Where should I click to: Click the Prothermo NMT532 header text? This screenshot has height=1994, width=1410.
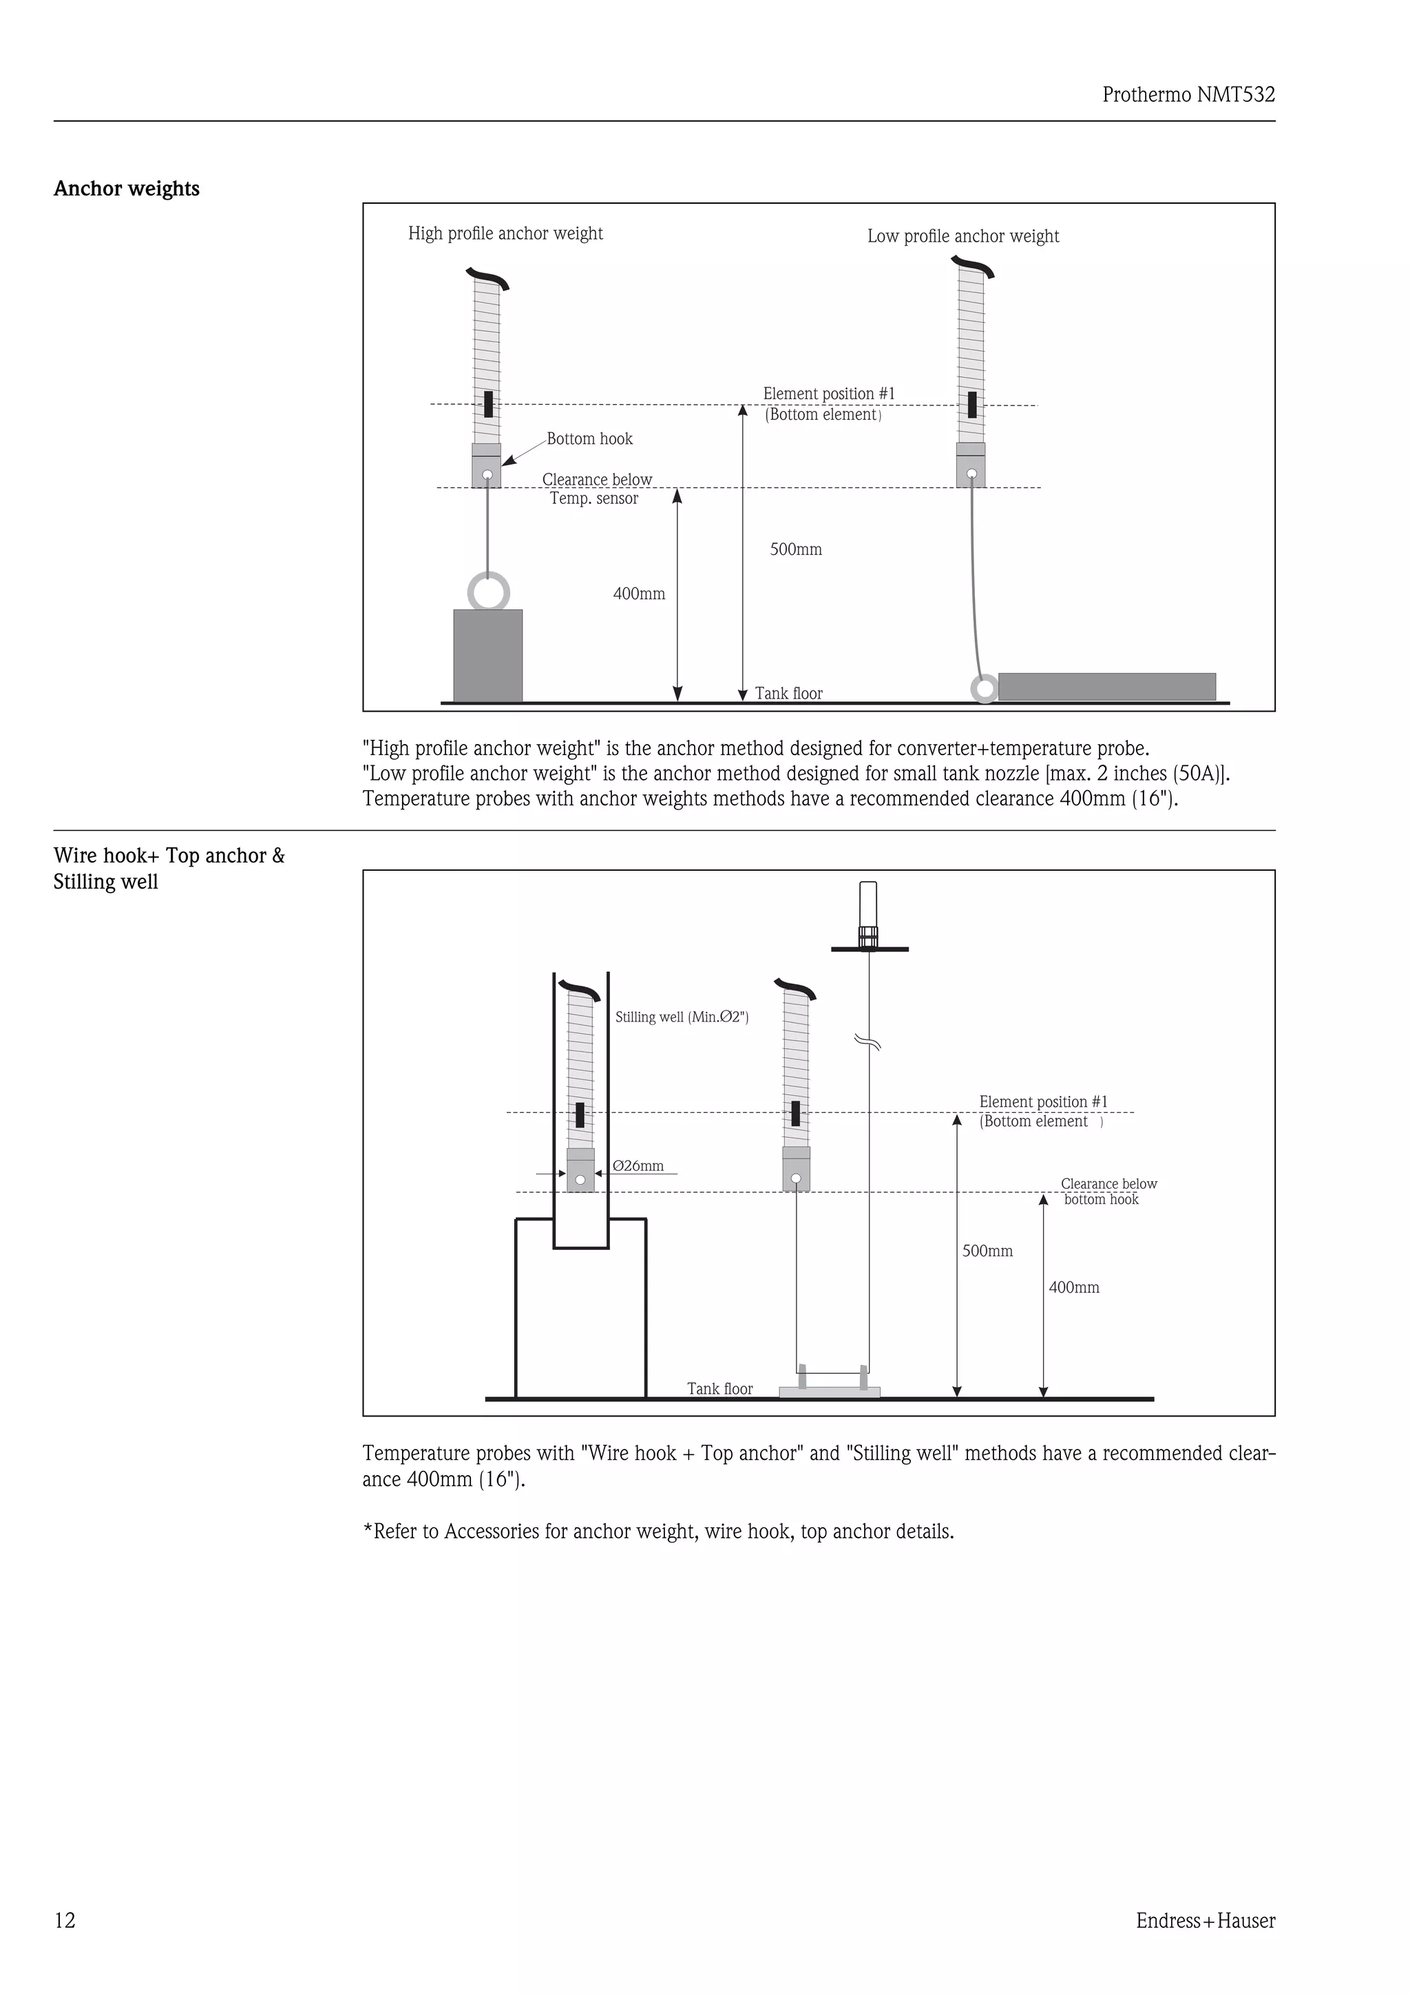1188,95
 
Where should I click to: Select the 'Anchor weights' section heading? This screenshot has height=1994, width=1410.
127,189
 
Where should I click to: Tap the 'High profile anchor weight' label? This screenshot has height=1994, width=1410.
505,233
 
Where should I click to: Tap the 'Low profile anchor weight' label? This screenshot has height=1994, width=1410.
962,236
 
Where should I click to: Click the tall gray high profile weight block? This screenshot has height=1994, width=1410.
487,656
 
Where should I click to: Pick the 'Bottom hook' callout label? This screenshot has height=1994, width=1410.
589,439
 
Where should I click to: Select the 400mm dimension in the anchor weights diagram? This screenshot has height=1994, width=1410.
638,594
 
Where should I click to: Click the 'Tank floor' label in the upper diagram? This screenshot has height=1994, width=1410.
788,693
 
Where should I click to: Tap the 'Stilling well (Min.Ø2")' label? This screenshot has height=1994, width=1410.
681,1017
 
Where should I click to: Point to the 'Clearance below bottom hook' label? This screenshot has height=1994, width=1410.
1108,1191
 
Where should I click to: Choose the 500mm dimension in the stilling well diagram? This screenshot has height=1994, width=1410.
987,1251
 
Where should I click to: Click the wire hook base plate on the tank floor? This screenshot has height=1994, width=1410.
829,1392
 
